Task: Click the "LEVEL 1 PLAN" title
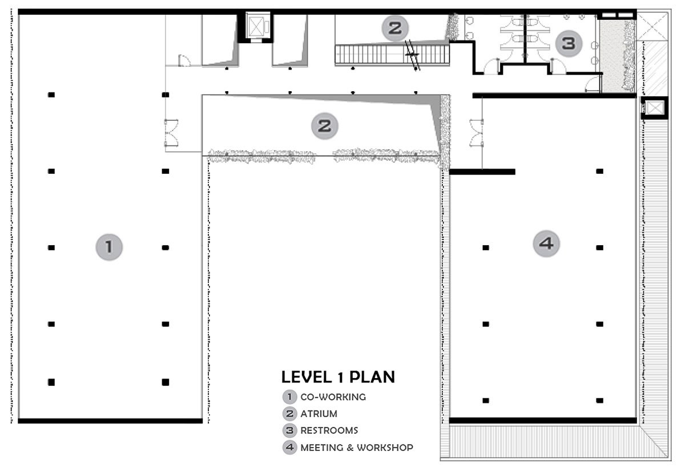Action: (338, 377)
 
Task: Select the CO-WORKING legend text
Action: (333, 397)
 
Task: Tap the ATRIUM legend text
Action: (319, 414)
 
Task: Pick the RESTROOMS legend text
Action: (329, 430)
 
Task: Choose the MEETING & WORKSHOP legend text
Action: (357, 447)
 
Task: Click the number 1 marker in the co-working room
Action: (109, 247)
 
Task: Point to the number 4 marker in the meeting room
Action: (546, 243)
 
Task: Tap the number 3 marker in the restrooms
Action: (569, 43)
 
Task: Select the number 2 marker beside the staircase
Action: (395, 29)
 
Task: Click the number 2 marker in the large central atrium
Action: (324, 126)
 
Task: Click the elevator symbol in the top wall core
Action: (257, 27)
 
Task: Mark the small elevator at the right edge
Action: (655, 108)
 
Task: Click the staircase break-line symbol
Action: (412, 55)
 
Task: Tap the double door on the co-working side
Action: (171, 133)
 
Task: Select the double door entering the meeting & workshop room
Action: (477, 133)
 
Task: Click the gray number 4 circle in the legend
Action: (289, 447)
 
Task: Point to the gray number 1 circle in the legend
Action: (289, 397)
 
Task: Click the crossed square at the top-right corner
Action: (652, 27)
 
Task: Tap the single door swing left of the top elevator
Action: (184, 60)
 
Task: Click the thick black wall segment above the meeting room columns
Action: (482, 172)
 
